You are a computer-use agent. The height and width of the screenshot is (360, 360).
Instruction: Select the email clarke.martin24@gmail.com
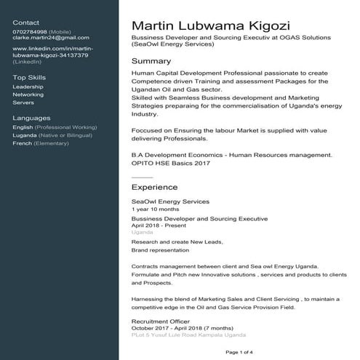pyautogui.click(x=51, y=38)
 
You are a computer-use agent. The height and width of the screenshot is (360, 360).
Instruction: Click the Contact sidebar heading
pyautogui.click(x=27, y=23)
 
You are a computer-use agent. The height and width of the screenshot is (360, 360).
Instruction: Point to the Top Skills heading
pyautogui.click(x=29, y=77)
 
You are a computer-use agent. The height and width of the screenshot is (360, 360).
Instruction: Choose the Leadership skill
pyautogui.click(x=28, y=87)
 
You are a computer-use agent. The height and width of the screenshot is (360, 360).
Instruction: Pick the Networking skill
pyautogui.click(x=28, y=95)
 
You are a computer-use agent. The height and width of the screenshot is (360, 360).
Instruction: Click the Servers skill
pyautogui.click(x=23, y=103)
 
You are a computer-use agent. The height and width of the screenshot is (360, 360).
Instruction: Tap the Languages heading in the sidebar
pyautogui.click(x=32, y=118)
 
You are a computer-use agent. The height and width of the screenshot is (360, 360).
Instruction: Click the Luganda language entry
pyautogui.click(x=25, y=135)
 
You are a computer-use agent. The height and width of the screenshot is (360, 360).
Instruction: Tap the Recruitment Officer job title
pyautogui.click(x=160, y=321)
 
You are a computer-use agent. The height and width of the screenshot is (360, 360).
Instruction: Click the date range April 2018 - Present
pyautogui.click(x=159, y=225)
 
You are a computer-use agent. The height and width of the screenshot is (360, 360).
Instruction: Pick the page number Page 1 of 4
pyautogui.click(x=240, y=352)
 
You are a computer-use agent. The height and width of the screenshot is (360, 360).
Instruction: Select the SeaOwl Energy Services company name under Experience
pyautogui.click(x=170, y=201)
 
